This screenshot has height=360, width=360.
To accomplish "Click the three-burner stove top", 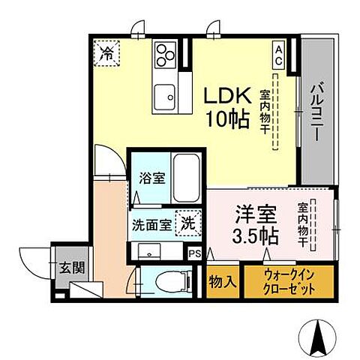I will (165, 54).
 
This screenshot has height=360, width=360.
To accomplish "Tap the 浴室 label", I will (153, 179).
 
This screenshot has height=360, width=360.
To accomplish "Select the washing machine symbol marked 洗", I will (187, 223).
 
